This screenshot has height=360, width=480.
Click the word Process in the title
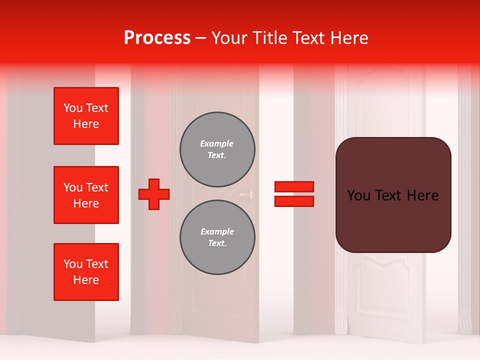click(x=157, y=37)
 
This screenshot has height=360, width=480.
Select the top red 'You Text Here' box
click(x=86, y=116)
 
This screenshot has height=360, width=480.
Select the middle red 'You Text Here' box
click(x=86, y=195)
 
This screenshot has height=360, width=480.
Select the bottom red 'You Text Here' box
click(x=86, y=272)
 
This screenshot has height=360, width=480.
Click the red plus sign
click(x=154, y=194)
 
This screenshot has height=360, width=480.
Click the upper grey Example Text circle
click(x=217, y=149)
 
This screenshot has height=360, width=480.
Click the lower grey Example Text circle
click(x=217, y=237)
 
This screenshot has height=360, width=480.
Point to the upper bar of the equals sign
click(x=294, y=186)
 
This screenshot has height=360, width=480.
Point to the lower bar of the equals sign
click(x=294, y=201)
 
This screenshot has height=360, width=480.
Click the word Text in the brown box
click(x=393, y=195)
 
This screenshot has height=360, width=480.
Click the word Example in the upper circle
click(x=217, y=143)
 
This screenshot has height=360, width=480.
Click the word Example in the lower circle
click(x=217, y=231)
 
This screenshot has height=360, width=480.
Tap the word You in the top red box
click(x=73, y=108)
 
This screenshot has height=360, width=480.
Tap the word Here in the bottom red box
click(x=86, y=280)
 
